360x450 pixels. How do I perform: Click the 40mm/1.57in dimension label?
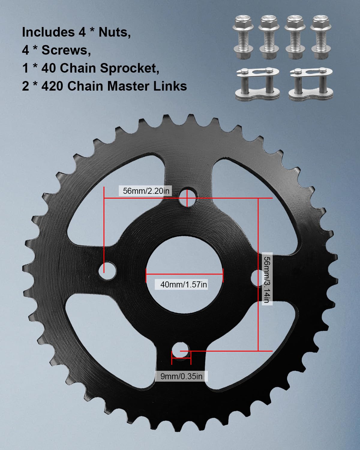(x=183, y=284)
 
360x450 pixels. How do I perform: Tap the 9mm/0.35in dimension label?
(x=181, y=376)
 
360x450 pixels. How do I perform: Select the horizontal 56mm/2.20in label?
(x=146, y=191)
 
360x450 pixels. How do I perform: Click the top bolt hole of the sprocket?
(x=187, y=197)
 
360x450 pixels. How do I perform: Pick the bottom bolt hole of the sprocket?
(x=180, y=350)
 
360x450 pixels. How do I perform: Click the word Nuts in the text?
(x=114, y=32)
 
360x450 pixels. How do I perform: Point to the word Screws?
(x=66, y=50)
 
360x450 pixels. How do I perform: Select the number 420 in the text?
(x=52, y=86)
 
